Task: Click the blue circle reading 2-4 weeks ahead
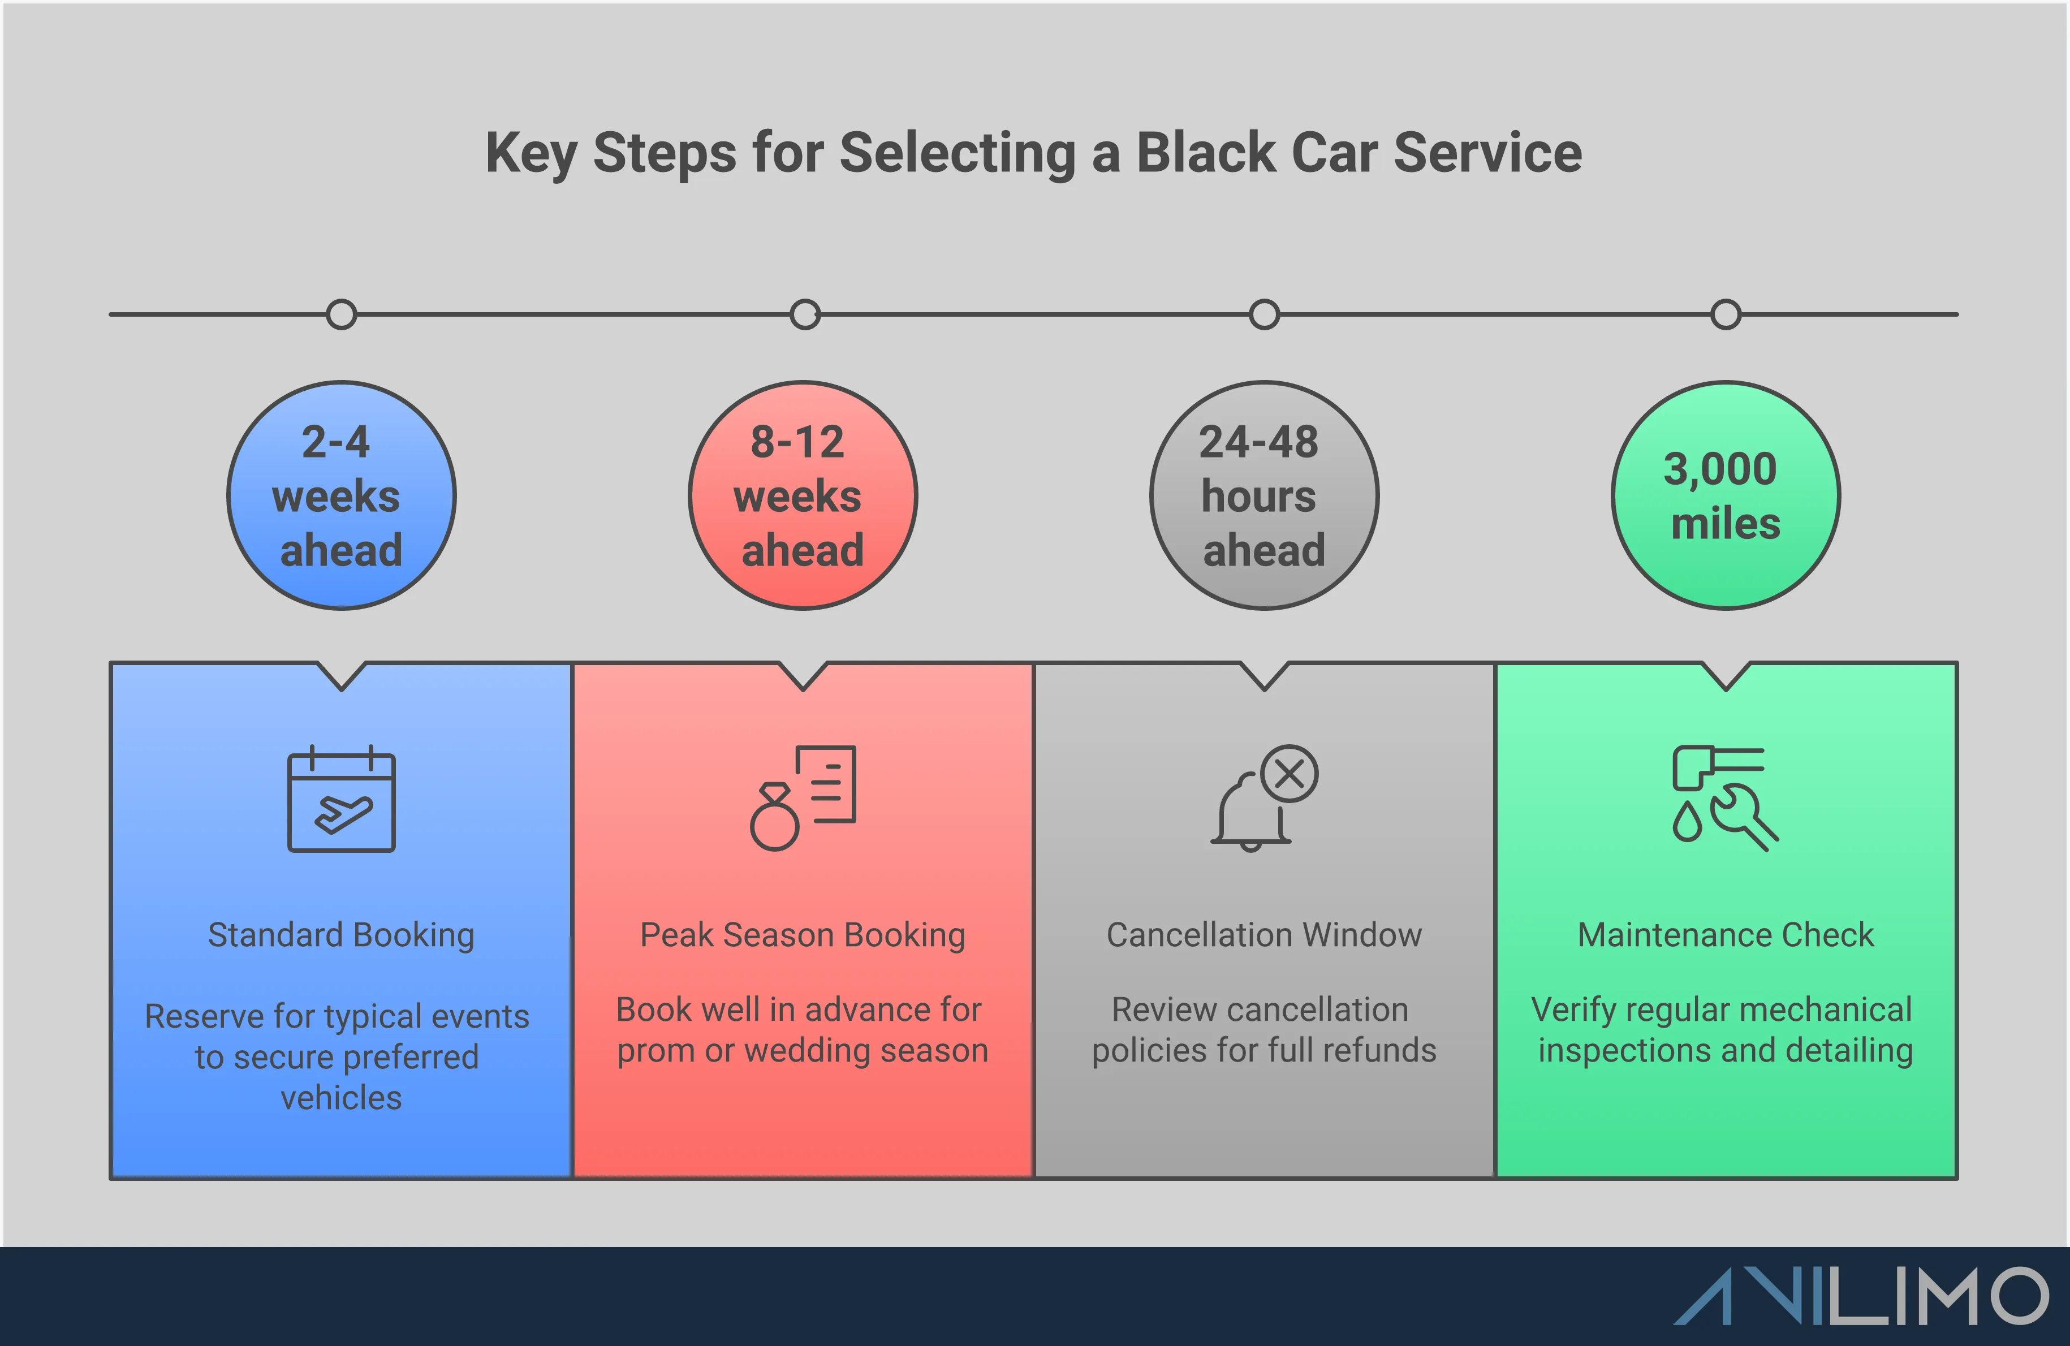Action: coord(341,495)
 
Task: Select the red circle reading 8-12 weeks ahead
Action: coord(802,495)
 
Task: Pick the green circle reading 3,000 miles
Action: coord(1726,495)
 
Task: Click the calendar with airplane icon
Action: coord(341,800)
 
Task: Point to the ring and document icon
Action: coord(803,797)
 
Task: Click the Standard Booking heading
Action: coord(341,935)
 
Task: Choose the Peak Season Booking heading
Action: coord(802,935)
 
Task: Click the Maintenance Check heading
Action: coord(1726,935)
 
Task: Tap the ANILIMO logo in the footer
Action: coord(1861,1296)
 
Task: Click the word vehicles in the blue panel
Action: coord(341,1098)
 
